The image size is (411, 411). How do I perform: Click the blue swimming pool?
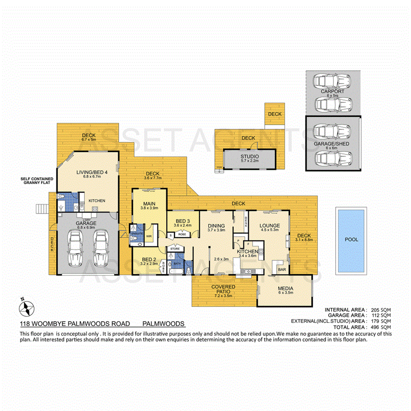pyautogui.click(x=351, y=240)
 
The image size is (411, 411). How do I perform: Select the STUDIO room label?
pyautogui.click(x=249, y=157)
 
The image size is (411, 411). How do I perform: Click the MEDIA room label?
pyautogui.click(x=286, y=289)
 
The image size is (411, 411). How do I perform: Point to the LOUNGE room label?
pyautogui.click(x=269, y=226)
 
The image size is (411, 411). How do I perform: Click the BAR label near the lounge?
pyautogui.click(x=282, y=269)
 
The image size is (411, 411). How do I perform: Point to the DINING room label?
pyautogui.click(x=216, y=226)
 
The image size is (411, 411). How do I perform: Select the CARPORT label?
pyautogui.click(x=332, y=91)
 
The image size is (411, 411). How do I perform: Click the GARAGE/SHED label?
pyautogui.click(x=332, y=143)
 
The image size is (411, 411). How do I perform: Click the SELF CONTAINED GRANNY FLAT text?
pyautogui.click(x=37, y=181)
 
